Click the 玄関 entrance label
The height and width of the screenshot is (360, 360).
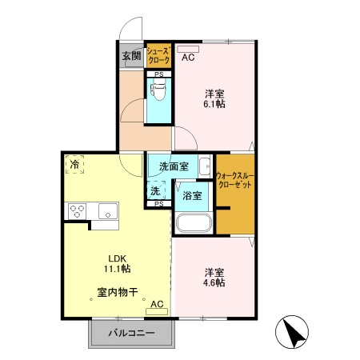point(132,57)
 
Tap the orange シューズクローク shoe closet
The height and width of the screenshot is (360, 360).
point(158,55)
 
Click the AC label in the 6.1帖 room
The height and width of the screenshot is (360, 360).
point(188,58)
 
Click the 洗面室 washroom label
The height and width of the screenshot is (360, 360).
point(174,167)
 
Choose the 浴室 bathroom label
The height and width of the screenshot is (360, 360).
point(192,195)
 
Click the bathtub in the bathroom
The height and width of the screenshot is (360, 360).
point(192,223)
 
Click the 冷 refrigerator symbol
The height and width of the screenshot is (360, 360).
point(75,165)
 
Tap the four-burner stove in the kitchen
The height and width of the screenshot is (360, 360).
point(78,211)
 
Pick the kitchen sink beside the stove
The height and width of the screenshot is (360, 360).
point(106,211)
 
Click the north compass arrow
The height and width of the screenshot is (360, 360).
point(294,333)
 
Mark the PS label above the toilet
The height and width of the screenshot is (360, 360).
point(158,74)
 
